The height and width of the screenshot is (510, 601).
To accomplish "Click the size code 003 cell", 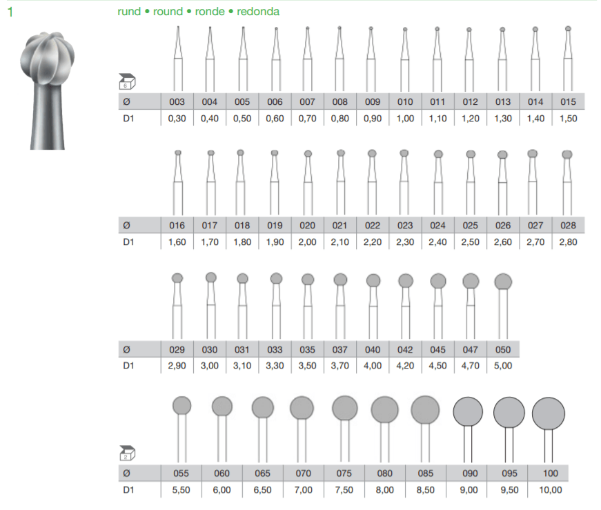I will (177, 101).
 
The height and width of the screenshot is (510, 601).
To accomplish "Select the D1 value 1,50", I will (568, 118).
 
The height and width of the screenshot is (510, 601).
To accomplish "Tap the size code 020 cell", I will (308, 225).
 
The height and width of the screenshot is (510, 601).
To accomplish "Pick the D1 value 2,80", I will (568, 242).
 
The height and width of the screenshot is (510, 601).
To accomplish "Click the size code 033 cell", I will (275, 349).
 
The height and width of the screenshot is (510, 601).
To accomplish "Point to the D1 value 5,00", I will (503, 366).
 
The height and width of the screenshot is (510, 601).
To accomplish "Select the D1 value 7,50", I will (344, 490).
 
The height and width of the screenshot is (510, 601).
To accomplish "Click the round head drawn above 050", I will (503, 281).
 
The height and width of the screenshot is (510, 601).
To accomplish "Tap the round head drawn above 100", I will (549, 413).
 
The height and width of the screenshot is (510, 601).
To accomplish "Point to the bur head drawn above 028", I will (568, 154).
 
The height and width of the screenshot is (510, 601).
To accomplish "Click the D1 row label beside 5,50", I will (128, 490).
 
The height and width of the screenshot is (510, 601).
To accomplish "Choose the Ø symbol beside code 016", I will (126, 225).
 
